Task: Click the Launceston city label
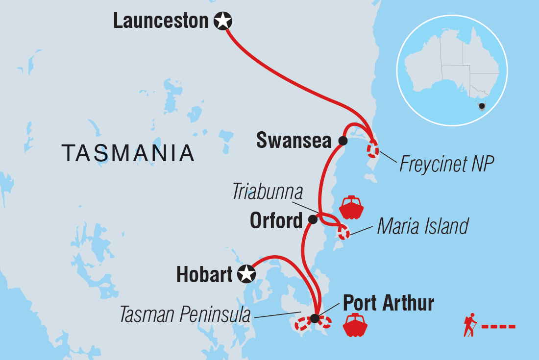(x=161, y=21)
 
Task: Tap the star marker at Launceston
(x=223, y=21)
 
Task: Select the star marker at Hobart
(x=246, y=274)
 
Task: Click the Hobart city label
(x=204, y=275)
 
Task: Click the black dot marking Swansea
(x=343, y=141)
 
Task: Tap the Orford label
(x=276, y=221)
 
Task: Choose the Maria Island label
(x=422, y=226)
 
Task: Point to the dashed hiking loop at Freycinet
(x=373, y=148)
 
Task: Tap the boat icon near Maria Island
(x=351, y=208)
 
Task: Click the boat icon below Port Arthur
(x=356, y=325)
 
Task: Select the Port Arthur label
(x=389, y=303)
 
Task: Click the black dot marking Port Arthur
(x=315, y=319)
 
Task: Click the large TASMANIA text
(x=128, y=153)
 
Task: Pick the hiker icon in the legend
(x=470, y=325)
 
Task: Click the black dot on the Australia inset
(x=482, y=106)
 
